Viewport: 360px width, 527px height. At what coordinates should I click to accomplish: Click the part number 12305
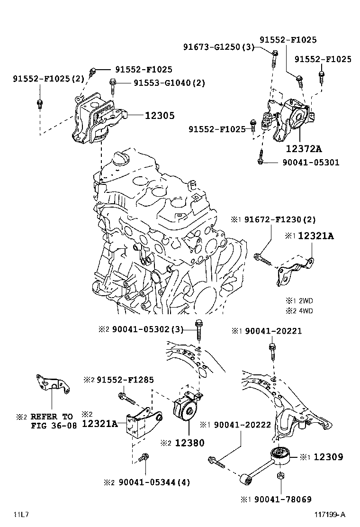pyautogui.click(x=160, y=116)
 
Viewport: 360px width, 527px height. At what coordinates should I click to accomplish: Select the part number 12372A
pyautogui.click(x=304, y=148)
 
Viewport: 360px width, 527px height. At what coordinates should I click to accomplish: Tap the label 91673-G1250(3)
pyautogui.click(x=219, y=47)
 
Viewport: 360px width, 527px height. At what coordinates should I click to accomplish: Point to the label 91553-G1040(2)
pyautogui.click(x=169, y=82)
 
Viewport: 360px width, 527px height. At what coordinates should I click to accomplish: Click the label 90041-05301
pyautogui.click(x=311, y=163)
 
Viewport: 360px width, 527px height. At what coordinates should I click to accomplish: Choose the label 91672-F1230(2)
pyautogui.click(x=280, y=220)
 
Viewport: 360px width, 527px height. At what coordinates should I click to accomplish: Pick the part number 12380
pyautogui.click(x=189, y=443)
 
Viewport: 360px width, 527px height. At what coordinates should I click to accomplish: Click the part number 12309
pyautogui.click(x=328, y=457)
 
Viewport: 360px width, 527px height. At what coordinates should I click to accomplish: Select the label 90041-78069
pyautogui.click(x=283, y=500)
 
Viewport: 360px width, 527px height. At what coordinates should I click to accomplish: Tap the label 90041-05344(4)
pyautogui.click(x=151, y=482)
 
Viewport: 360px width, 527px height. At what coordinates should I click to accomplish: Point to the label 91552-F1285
pyautogui.click(x=125, y=380)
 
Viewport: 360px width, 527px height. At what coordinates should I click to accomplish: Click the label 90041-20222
pyautogui.click(x=243, y=425)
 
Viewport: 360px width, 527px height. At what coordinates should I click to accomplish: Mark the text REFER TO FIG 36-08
pyautogui.click(x=52, y=421)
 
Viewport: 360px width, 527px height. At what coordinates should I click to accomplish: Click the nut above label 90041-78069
pyautogui.click(x=279, y=476)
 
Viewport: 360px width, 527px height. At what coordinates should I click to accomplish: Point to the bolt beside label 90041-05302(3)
pyautogui.click(x=198, y=330)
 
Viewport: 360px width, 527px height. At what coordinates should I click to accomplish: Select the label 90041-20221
pyautogui.click(x=273, y=331)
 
